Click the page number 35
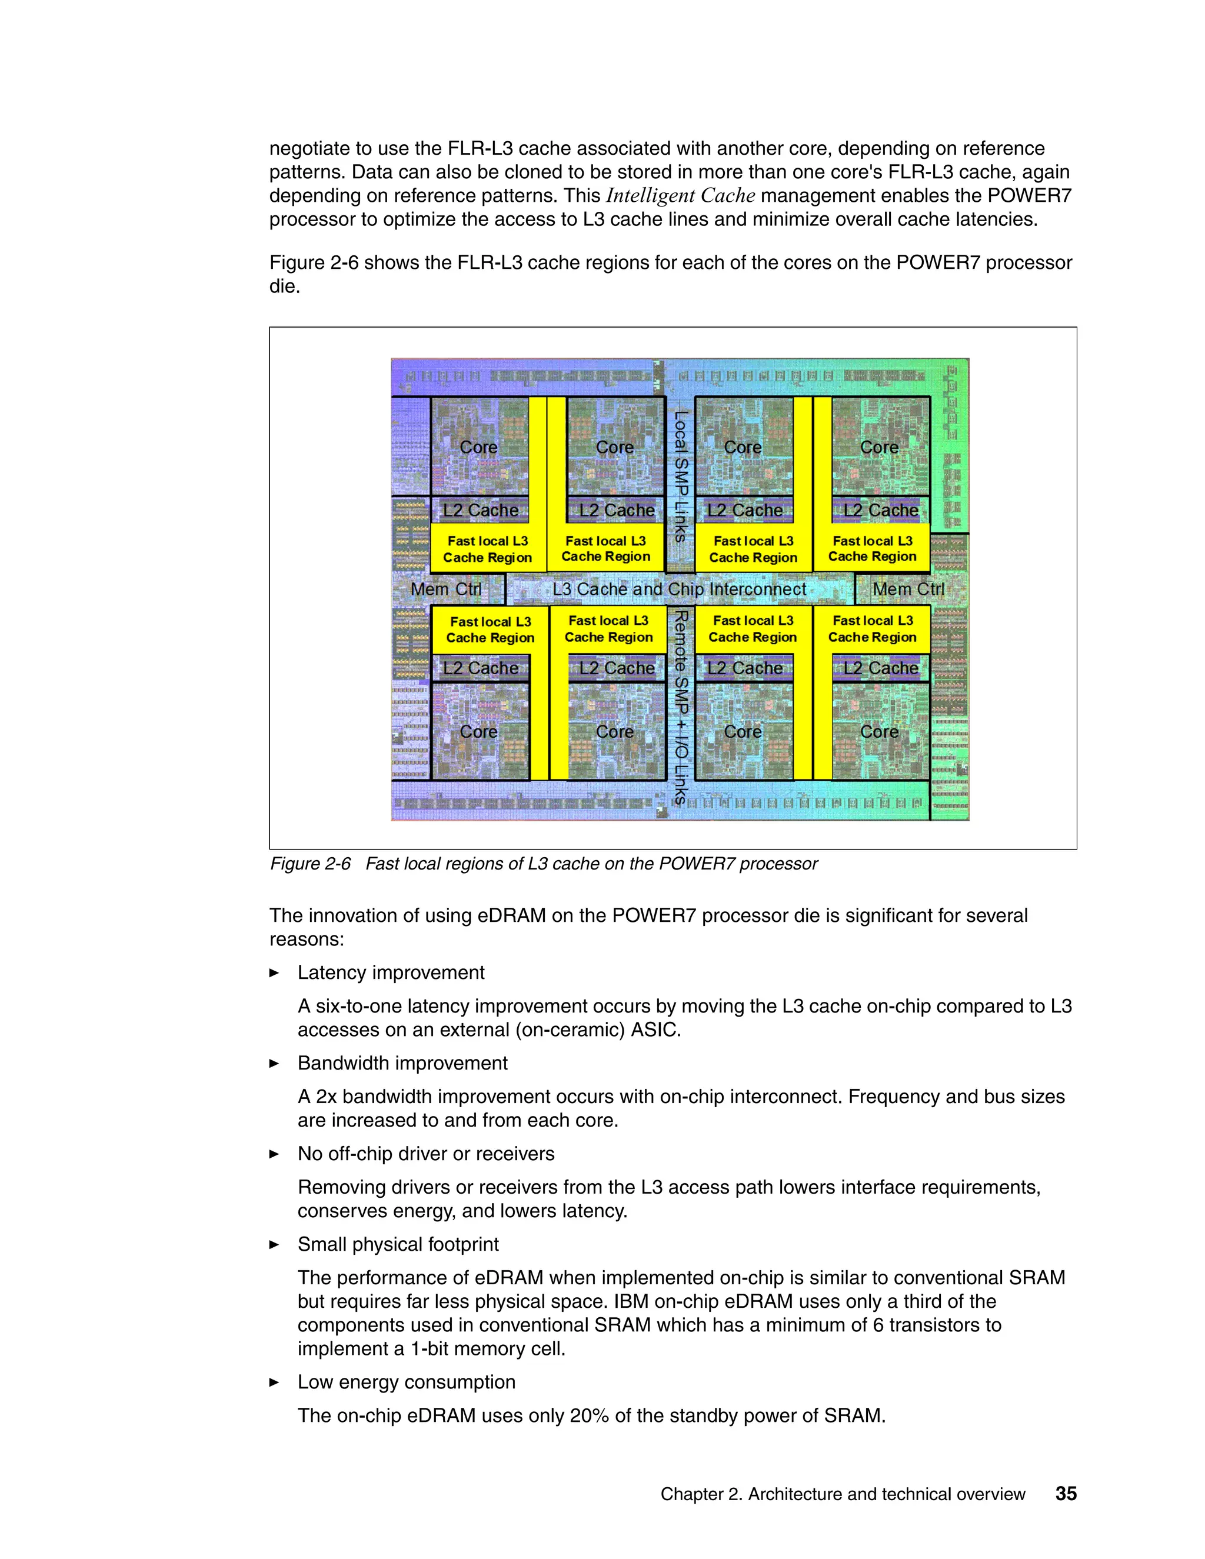[x=1066, y=1493]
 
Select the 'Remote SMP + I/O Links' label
[x=681, y=707]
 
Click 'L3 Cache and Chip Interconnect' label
[x=679, y=589]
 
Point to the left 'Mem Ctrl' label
[x=446, y=589]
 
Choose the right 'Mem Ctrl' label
[x=908, y=589]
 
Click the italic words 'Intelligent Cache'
[x=680, y=195]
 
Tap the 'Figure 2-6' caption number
[x=311, y=864]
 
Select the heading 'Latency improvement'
[x=391, y=973]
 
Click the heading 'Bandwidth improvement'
[x=402, y=1063]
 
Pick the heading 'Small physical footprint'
[x=398, y=1244]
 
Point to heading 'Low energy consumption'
[x=406, y=1382]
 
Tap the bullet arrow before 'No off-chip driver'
[x=274, y=1154]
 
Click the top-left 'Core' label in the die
[x=478, y=448]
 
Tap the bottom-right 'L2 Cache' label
[x=881, y=668]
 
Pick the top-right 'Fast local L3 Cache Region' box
[x=873, y=548]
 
